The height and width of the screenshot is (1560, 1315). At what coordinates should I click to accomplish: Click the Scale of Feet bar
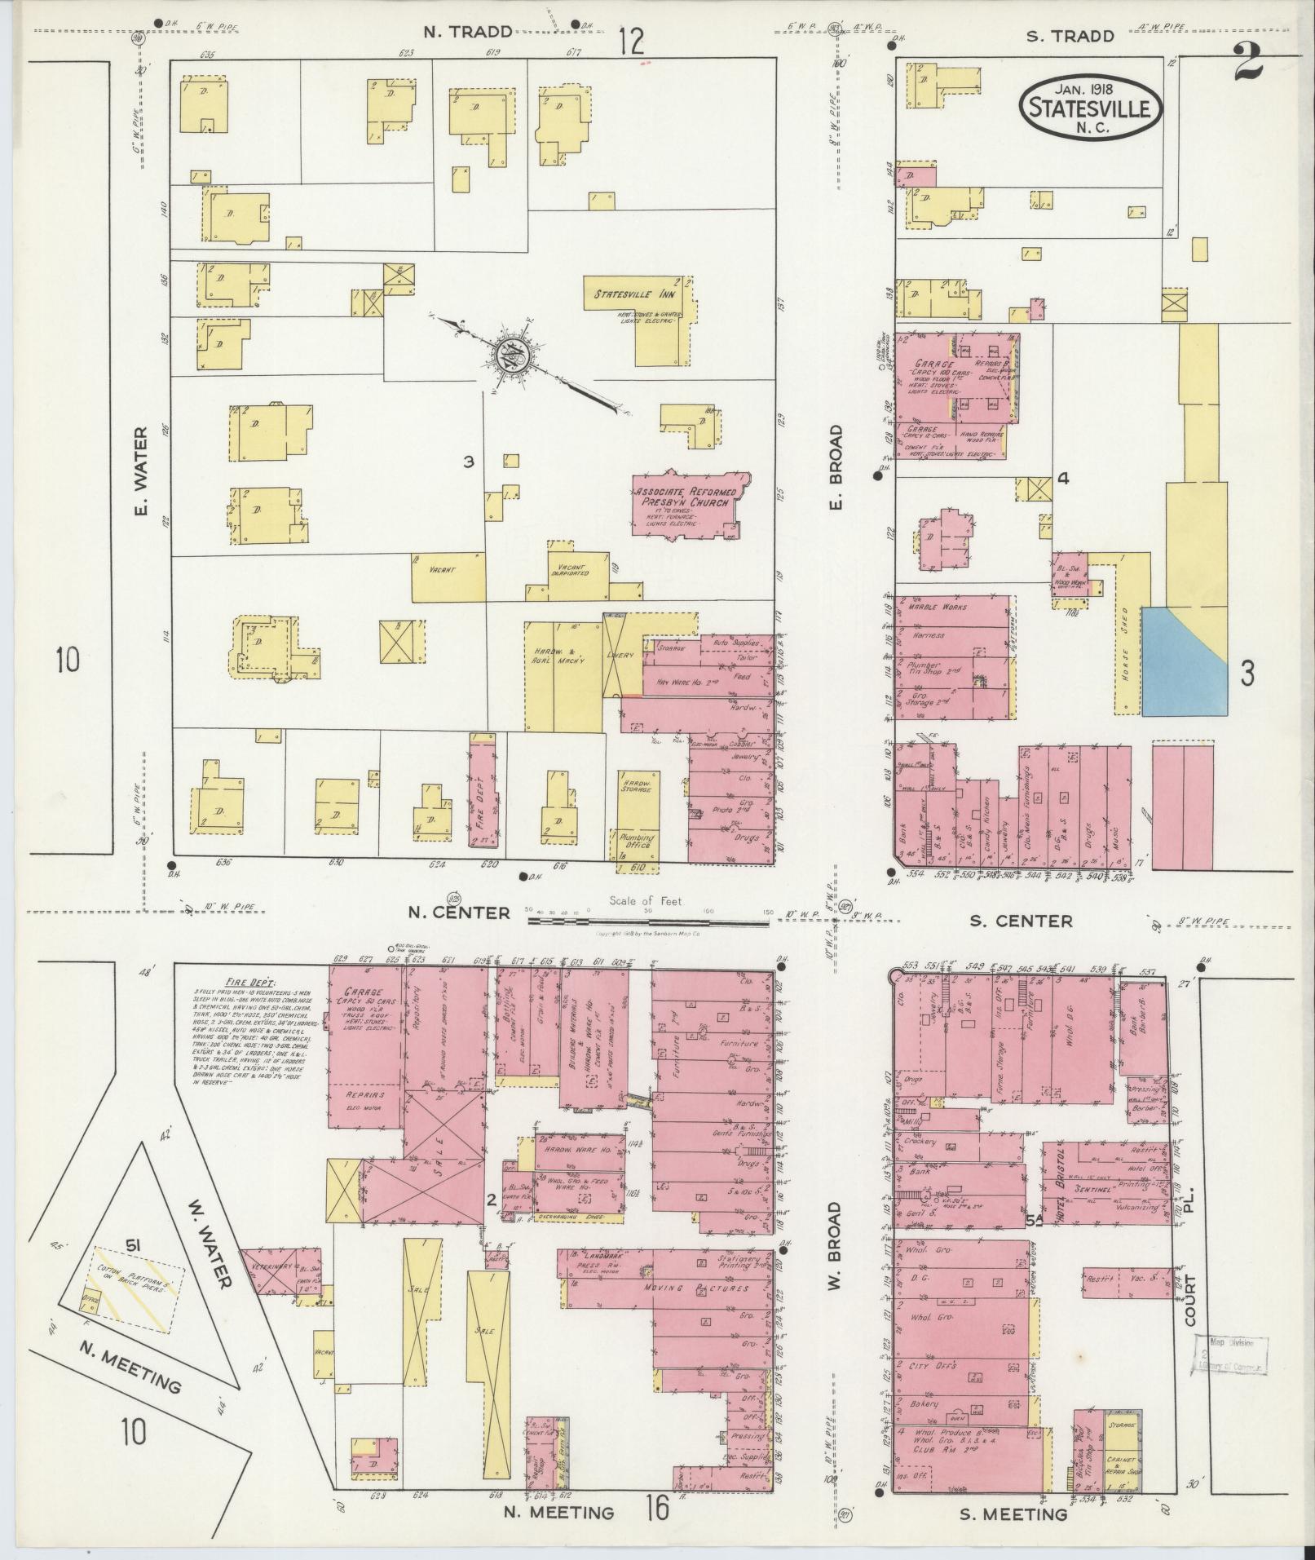click(648, 921)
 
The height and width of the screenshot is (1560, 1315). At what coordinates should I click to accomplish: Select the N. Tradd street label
click(468, 33)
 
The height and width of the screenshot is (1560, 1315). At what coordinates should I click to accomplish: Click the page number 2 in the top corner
click(1247, 63)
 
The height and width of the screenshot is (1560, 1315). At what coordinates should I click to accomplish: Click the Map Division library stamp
click(1232, 1355)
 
